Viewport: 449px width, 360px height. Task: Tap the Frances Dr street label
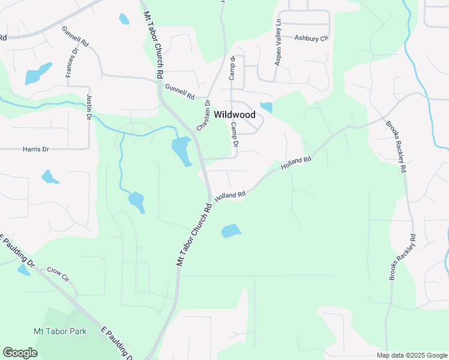tap(72, 62)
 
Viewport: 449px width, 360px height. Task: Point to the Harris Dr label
tap(35, 149)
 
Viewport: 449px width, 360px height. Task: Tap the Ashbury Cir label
tap(312, 38)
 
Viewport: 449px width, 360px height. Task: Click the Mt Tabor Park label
tap(59, 331)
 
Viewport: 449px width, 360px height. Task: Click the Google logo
tap(20, 353)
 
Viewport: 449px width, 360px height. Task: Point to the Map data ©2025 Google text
tap(411, 355)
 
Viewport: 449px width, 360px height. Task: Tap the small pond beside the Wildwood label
tap(266, 107)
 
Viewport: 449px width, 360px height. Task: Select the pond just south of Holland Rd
tap(231, 230)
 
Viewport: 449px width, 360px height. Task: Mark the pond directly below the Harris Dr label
tap(49, 176)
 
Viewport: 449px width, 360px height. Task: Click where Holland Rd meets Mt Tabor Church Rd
tap(210, 200)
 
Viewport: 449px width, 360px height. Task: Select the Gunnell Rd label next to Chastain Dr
tap(180, 92)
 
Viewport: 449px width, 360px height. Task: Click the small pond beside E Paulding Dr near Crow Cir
tap(23, 270)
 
